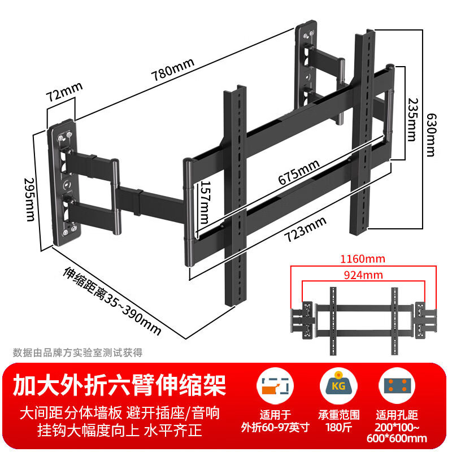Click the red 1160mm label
[364, 259]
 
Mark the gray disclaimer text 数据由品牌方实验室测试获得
[78, 353]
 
